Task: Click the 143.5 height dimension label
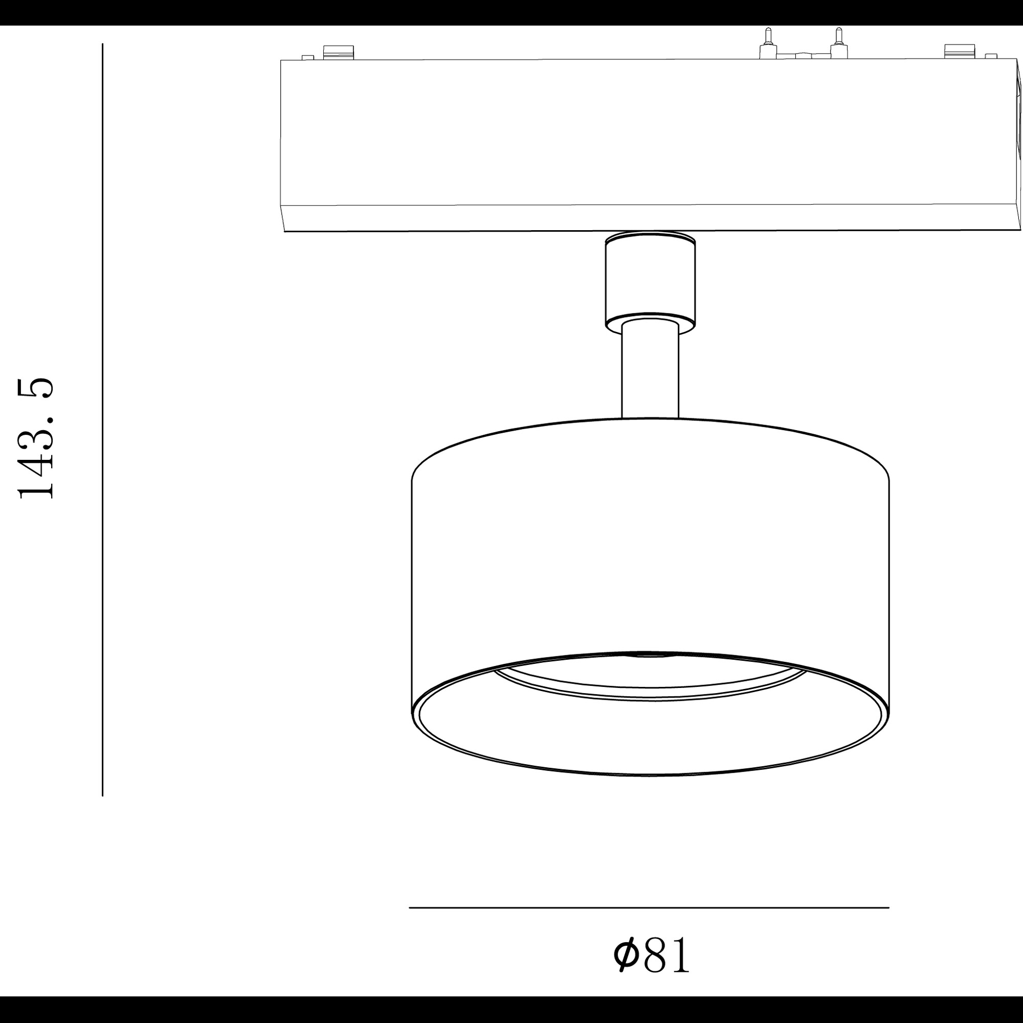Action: pyautogui.click(x=36, y=439)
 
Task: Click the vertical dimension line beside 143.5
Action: pyautogui.click(x=102, y=424)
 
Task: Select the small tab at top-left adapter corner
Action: pyautogui.click(x=307, y=57)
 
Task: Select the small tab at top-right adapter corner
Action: pyautogui.click(x=991, y=56)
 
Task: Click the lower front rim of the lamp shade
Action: pyautogui.click(x=650, y=774)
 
